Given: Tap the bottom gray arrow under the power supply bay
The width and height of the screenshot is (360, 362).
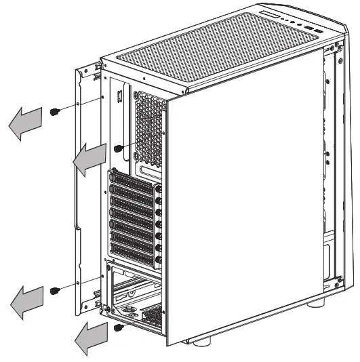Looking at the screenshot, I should point(89,337).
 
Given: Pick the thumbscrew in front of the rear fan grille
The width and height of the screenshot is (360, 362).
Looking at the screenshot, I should point(119,147).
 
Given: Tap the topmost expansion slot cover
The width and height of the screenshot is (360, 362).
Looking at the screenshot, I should point(134,182).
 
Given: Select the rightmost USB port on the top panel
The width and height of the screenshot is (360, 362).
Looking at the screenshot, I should point(315,30).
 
